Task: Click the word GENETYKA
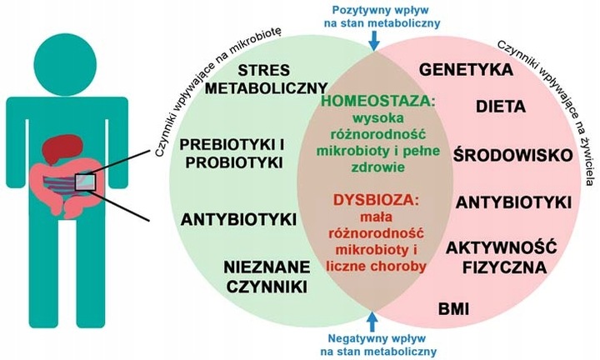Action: coord(465,69)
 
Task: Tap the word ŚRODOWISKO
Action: coord(512,155)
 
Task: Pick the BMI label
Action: coord(454,310)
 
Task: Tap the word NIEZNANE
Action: coord(265,267)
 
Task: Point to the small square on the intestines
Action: coord(86,180)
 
